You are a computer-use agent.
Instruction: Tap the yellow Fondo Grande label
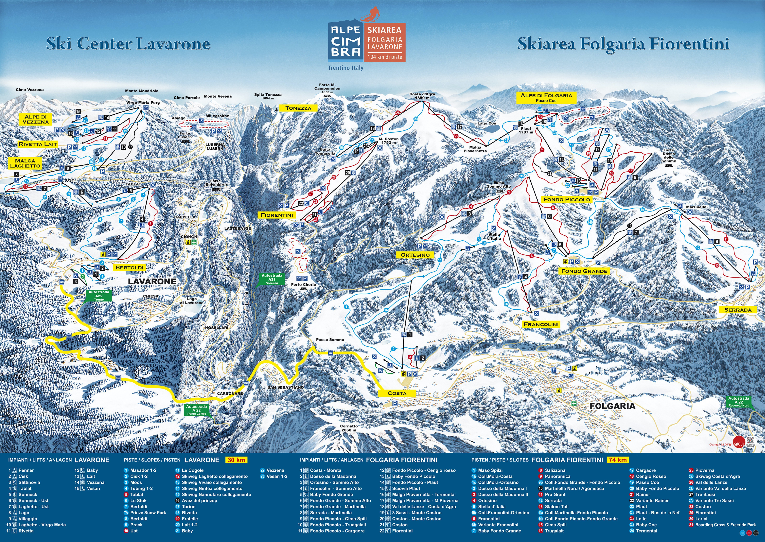tap(584, 271)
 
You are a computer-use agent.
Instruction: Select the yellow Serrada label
tap(738, 310)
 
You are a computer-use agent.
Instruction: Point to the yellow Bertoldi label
tap(129, 268)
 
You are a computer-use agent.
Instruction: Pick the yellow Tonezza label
tap(298, 108)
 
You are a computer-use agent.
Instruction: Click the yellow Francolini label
tap(541, 324)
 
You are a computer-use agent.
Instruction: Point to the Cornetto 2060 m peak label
tap(349, 428)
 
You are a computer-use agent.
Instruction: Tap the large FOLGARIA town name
tap(613, 406)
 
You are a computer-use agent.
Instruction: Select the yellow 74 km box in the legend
tap(618, 460)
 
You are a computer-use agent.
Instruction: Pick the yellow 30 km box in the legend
tap(236, 460)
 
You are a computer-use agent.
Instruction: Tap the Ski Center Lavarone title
tap(129, 44)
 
